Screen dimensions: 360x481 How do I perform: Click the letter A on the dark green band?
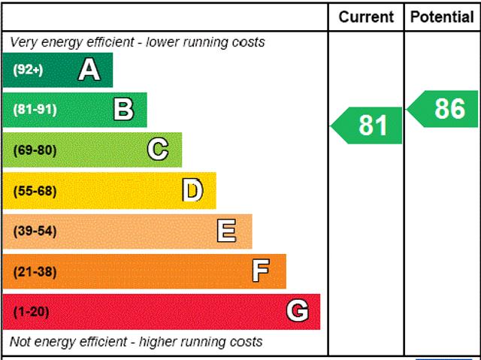[89, 70]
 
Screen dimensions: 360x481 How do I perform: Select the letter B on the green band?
[123, 110]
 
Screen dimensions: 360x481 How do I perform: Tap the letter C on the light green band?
[158, 150]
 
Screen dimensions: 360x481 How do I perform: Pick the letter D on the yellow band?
[192, 191]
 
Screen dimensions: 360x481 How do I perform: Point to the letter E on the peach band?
[226, 231]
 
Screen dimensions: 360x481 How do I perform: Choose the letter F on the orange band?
[261, 271]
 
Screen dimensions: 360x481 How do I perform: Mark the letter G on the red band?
[298, 311]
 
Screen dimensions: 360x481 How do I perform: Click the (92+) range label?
[29, 71]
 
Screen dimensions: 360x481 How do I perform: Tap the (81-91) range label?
[35, 110]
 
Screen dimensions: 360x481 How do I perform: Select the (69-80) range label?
[35, 150]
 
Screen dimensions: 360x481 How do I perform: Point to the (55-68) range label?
[35, 191]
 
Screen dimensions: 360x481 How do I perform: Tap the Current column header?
[366, 17]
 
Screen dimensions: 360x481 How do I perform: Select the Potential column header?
[442, 17]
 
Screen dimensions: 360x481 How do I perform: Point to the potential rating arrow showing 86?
[445, 109]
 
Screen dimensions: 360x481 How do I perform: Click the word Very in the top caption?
[25, 42]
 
